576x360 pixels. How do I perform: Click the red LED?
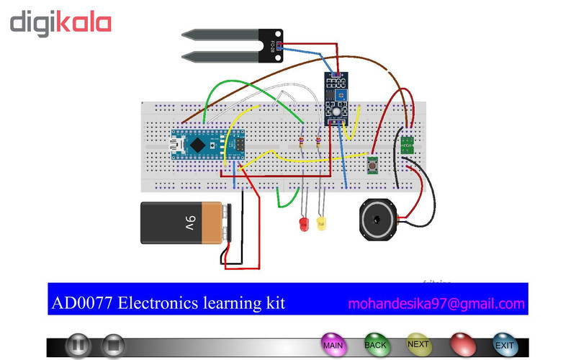[304, 225]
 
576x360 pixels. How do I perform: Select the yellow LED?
[322, 224]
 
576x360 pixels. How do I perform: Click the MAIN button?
[333, 346]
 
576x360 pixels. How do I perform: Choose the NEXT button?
[418, 345]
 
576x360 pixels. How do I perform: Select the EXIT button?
[505, 346]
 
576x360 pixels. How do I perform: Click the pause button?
[79, 346]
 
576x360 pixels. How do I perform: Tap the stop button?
[113, 346]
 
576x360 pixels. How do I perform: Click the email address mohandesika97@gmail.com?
[436, 304]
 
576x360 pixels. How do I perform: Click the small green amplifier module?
[408, 143]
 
